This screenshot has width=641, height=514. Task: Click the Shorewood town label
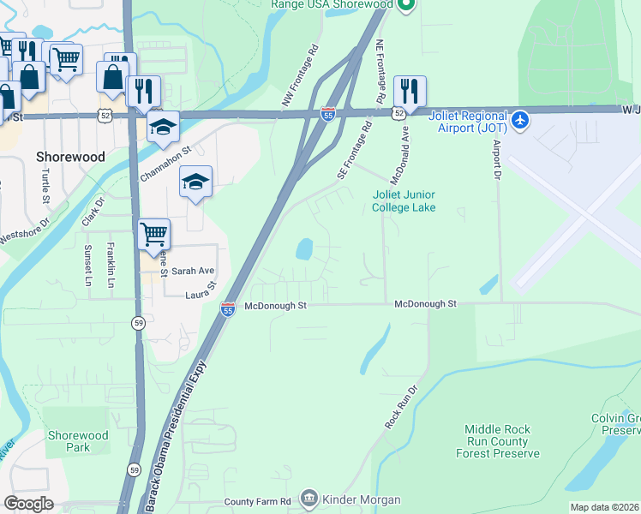(x=70, y=157)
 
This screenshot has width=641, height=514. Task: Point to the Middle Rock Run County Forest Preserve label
(x=502, y=441)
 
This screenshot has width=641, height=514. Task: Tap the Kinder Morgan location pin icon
(x=309, y=499)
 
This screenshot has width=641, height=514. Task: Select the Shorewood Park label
(x=79, y=441)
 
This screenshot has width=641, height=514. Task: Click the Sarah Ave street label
(x=192, y=271)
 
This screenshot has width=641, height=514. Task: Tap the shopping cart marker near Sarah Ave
(x=153, y=233)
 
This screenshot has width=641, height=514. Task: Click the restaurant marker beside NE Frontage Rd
(x=410, y=91)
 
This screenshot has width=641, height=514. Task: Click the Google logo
(x=28, y=503)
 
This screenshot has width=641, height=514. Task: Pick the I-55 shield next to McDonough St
(x=228, y=308)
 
